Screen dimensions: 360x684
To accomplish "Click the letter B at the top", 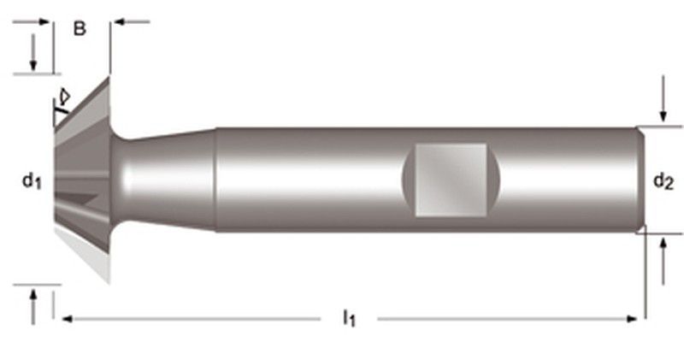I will click(x=80, y=29).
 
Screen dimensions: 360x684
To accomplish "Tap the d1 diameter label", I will click(x=32, y=180).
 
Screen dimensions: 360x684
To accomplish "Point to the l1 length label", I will click(x=349, y=319).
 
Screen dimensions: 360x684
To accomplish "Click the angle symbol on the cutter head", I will click(x=62, y=98).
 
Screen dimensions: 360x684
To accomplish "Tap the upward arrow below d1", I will click(x=33, y=305).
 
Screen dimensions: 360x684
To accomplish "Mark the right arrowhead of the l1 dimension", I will click(x=632, y=319).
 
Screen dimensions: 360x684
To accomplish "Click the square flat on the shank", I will click(x=451, y=179).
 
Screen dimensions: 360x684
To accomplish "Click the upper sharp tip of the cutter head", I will click(x=108, y=79).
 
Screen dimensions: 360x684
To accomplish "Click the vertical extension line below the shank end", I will click(x=646, y=274).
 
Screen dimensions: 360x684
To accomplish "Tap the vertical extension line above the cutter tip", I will click(x=109, y=47).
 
